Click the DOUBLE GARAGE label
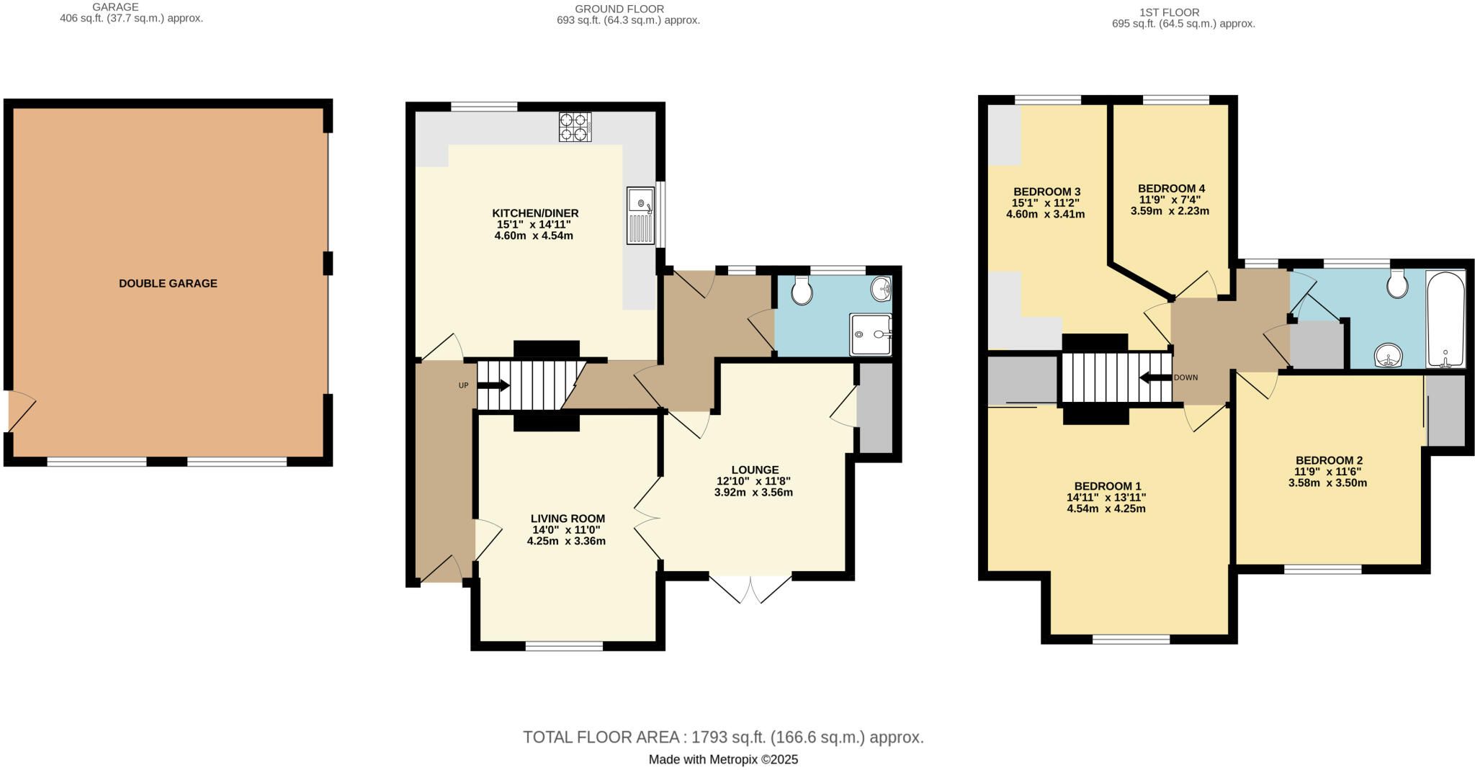168,284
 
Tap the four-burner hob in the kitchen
575,127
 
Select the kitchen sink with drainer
641,215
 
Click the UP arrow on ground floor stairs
493,385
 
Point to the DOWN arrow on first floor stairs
1156,378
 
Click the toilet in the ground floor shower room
802,290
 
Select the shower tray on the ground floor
871,334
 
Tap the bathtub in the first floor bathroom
1445,320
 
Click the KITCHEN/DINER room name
535,213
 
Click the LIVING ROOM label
568,519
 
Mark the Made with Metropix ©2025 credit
723,759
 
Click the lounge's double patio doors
750,588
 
